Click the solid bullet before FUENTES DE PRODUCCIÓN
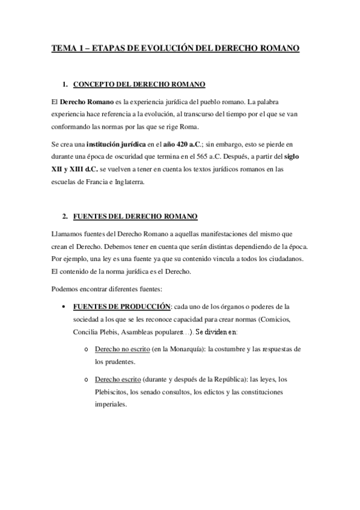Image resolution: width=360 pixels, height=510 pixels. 64,306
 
